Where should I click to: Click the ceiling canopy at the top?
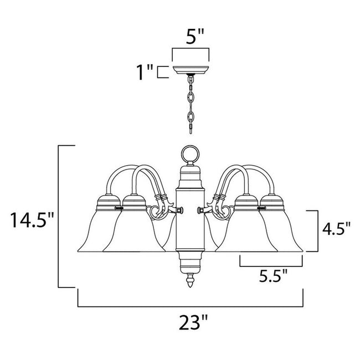[191, 70]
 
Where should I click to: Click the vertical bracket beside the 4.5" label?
[316, 230]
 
